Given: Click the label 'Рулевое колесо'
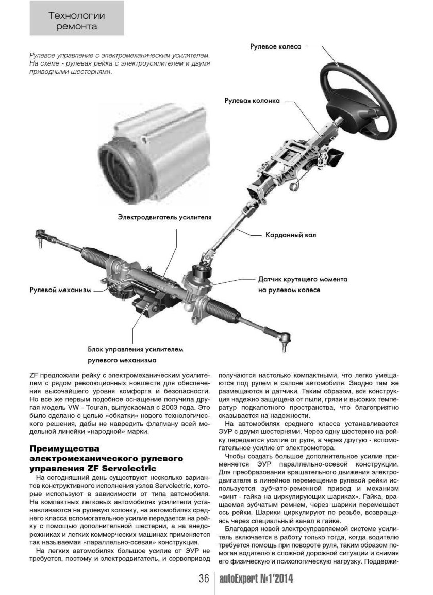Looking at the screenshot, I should [x=275, y=46].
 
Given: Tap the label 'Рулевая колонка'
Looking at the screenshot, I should [x=252, y=100].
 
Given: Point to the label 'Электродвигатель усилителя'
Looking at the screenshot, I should [x=163, y=217].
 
